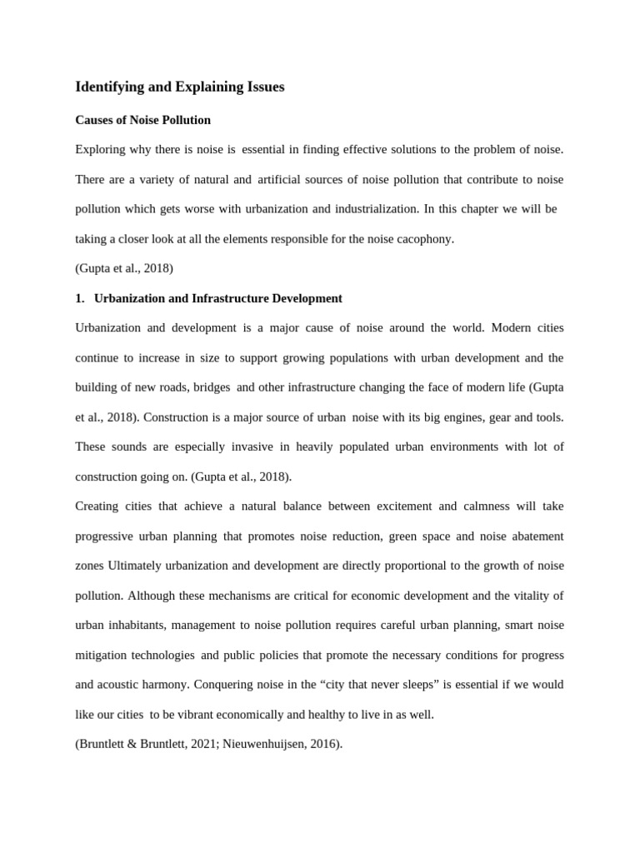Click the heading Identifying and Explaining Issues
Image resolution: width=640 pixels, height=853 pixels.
tap(180, 87)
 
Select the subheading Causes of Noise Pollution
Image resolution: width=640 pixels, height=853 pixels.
tap(142, 120)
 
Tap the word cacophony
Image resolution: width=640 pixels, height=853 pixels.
tap(424, 239)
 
